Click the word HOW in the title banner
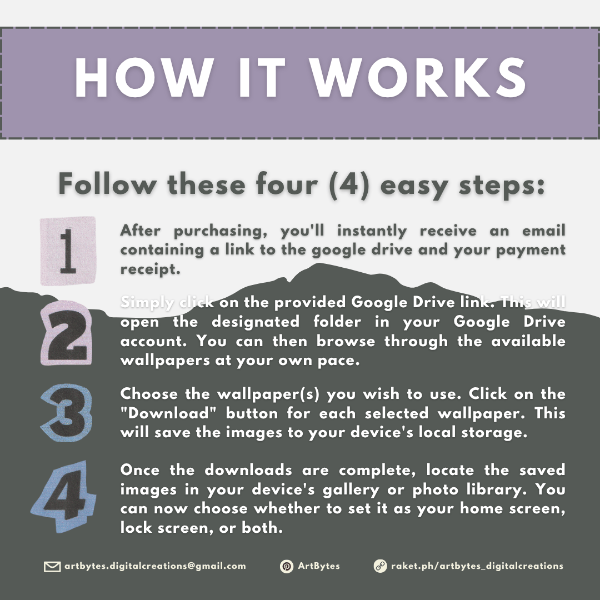coord(144,78)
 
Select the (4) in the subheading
coord(349,184)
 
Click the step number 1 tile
coord(68,251)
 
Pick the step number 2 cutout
coord(67,333)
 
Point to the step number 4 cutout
coord(64,496)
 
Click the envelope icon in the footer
coord(52,566)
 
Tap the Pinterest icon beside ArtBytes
coord(286,566)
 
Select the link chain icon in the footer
coord(380,566)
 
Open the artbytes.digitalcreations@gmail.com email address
coord(155,566)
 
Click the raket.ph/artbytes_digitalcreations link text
coord(477,566)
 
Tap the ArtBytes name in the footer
coord(319,566)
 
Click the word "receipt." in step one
coord(150,269)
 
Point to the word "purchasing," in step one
coord(221,231)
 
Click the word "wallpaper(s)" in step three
coord(268,394)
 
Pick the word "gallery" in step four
coord(351,490)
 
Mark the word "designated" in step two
coord(255,322)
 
